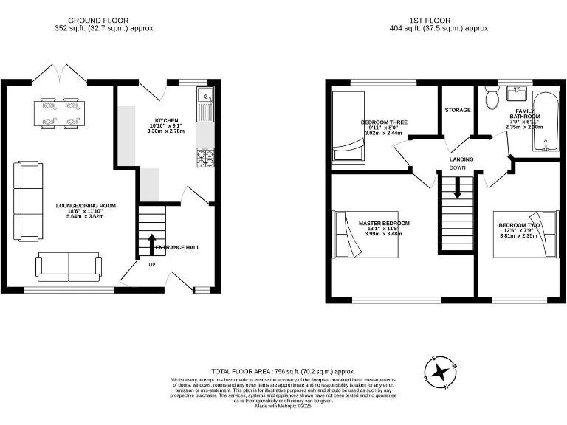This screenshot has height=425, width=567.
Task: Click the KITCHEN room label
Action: click(166, 120)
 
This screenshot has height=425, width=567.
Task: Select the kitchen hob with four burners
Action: click(205, 156)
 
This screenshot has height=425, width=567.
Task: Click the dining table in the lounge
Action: click(60, 113)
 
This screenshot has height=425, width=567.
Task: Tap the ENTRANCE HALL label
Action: click(177, 247)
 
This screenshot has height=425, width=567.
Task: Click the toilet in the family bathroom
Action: click(492, 97)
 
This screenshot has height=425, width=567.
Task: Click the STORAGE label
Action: click(457, 110)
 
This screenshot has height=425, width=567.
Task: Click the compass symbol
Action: click(442, 371)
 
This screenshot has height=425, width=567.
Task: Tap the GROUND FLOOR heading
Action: click(97, 21)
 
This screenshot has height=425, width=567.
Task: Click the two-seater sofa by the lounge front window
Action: click(69, 266)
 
